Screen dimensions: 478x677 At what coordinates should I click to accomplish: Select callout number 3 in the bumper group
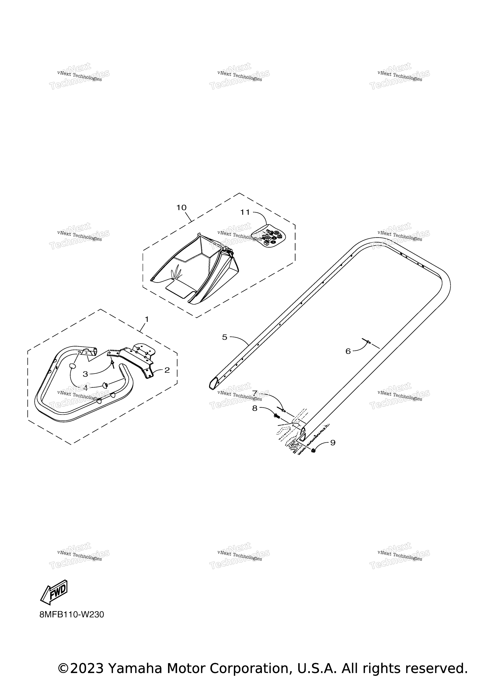click(x=85, y=374)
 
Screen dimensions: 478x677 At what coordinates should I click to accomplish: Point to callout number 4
click(x=85, y=388)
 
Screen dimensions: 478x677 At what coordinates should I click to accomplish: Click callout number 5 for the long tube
click(x=225, y=337)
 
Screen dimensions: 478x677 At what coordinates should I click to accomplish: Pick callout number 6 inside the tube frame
click(x=348, y=351)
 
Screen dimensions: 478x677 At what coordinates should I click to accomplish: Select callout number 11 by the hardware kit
click(x=245, y=212)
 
